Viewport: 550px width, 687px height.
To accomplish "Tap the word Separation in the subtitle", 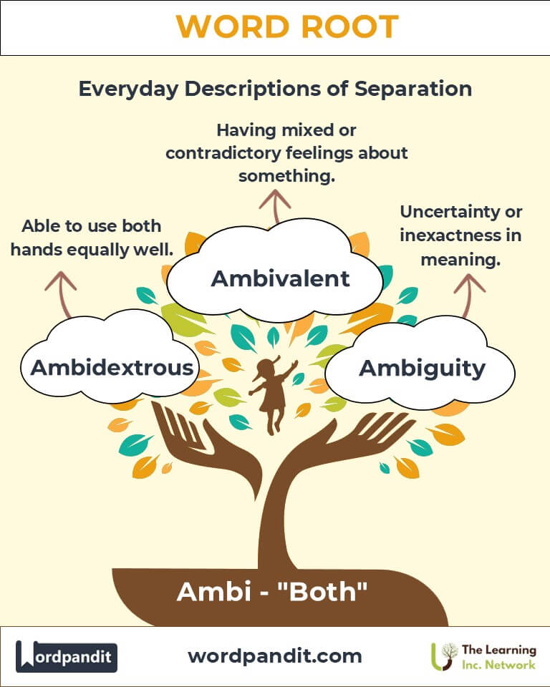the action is (x=413, y=89).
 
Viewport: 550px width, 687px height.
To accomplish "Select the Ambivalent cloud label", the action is (x=280, y=278).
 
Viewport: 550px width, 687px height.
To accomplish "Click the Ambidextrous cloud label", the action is (x=112, y=367).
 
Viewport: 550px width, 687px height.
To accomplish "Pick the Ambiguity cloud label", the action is (x=422, y=369).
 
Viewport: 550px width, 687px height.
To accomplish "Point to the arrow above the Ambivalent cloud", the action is (x=275, y=206).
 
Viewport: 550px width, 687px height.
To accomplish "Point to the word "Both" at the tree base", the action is (x=322, y=592).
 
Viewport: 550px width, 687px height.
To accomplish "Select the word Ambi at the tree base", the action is (x=213, y=592).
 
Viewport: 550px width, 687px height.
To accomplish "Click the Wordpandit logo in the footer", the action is (x=66, y=656).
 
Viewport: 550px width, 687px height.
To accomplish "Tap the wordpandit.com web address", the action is (x=275, y=656).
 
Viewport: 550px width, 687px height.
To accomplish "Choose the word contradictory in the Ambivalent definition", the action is (x=223, y=153).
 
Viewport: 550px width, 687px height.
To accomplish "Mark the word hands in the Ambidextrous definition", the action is (x=36, y=250).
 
